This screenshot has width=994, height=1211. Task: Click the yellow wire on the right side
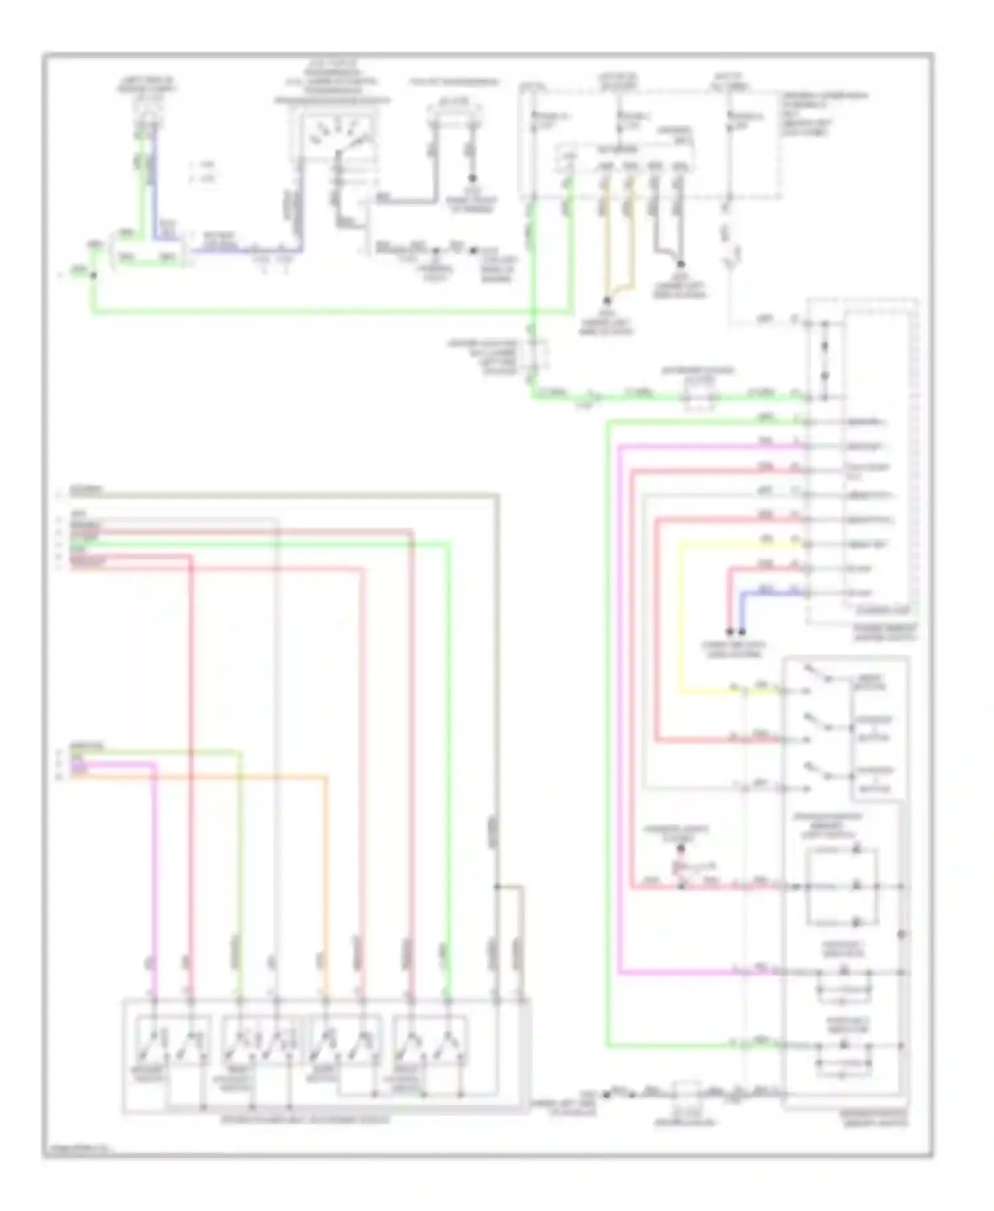tap(681, 616)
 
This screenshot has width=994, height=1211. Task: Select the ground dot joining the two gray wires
tap(680, 263)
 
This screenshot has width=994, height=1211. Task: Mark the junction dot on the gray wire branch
tap(497, 886)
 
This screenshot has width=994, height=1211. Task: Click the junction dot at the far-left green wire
tap(93, 274)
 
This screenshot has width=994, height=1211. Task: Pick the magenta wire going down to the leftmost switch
tap(154, 881)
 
